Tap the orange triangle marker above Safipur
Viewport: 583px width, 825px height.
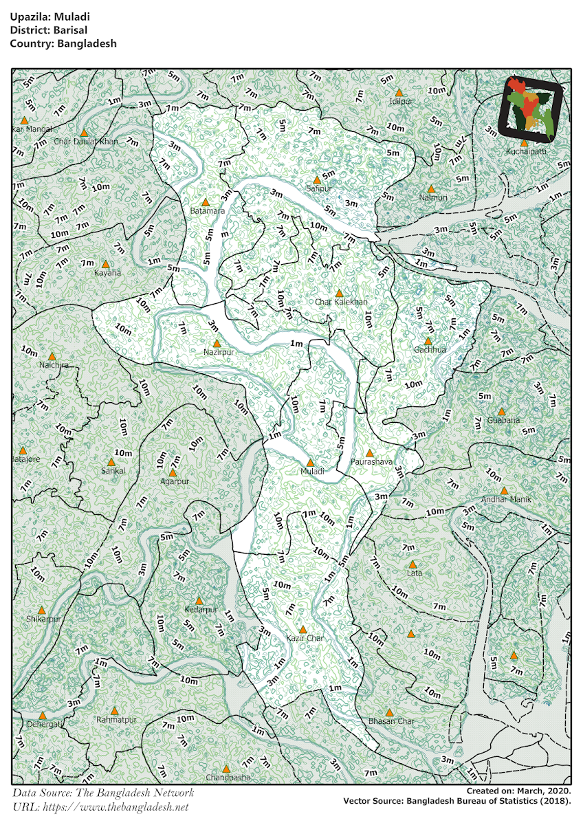(x=317, y=179)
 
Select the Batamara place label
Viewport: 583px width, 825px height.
(x=208, y=211)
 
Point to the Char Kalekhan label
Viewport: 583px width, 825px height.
(x=342, y=302)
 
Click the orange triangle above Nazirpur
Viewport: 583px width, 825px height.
(x=217, y=343)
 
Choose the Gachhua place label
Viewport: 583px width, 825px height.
(x=430, y=350)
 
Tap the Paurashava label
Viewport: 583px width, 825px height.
(x=371, y=462)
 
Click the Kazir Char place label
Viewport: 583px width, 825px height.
(x=305, y=638)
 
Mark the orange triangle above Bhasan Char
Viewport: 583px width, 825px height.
(x=389, y=712)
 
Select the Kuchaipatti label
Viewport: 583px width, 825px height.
(x=525, y=151)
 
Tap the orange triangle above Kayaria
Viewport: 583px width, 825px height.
(x=105, y=264)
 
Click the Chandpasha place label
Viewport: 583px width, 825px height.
(x=227, y=778)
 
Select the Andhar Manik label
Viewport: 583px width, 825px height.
(x=504, y=499)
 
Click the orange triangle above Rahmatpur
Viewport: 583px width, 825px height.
(x=115, y=711)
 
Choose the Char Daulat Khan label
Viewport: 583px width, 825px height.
(x=86, y=142)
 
